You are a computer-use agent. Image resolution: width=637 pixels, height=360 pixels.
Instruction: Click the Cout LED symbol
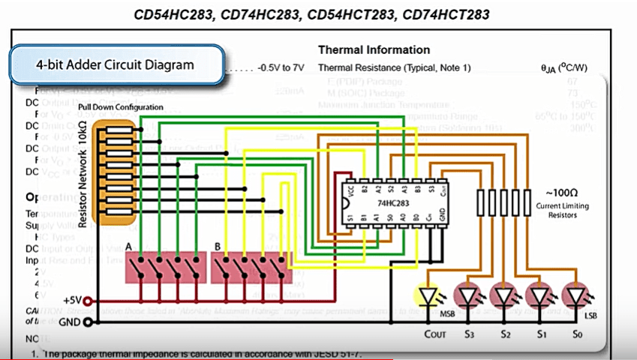point(428,297)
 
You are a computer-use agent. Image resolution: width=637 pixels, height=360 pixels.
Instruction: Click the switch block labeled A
point(165,268)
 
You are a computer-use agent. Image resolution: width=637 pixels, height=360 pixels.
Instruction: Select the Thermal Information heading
point(374,49)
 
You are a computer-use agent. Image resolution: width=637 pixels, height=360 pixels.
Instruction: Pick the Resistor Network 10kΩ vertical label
point(83,172)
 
